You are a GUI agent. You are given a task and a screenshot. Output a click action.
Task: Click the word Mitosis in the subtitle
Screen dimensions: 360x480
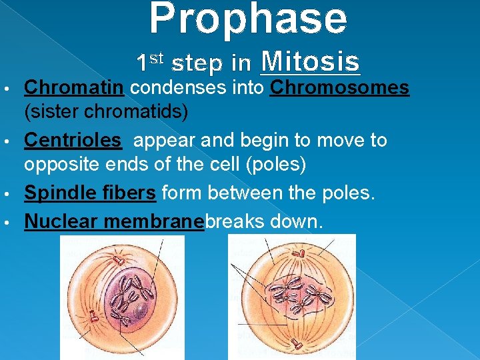[311, 62]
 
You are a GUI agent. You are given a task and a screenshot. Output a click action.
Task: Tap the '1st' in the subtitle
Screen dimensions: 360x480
[149, 62]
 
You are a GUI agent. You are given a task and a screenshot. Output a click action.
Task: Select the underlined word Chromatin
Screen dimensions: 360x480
[74, 87]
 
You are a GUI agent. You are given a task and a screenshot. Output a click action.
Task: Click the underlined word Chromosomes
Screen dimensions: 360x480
[339, 87]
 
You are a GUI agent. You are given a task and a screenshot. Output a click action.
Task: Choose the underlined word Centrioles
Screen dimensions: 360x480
[73, 141]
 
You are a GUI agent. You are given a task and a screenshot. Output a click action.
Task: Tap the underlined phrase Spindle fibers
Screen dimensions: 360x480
[90, 193]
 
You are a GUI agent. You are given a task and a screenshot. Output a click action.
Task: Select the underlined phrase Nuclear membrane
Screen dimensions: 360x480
[113, 221]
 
